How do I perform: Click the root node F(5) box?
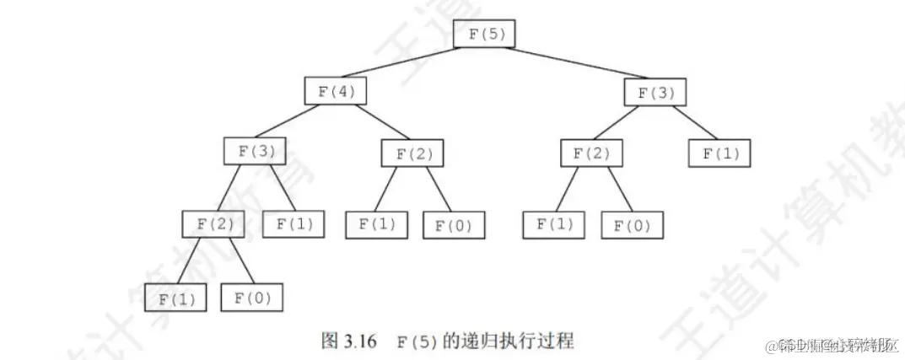[483, 33]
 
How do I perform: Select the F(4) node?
[336, 90]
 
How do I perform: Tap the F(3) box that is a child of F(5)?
[655, 92]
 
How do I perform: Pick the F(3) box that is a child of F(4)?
[255, 151]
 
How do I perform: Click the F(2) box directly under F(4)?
[412, 153]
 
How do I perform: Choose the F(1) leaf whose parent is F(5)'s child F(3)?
[719, 153]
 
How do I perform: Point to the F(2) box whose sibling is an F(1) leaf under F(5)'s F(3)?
[591, 153]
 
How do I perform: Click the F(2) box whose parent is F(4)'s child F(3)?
[213, 223]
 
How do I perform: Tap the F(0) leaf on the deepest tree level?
[251, 298]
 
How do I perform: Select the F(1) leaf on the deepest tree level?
[175, 298]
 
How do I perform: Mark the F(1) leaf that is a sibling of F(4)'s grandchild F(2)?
[293, 223]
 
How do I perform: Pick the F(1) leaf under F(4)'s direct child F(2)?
[376, 223]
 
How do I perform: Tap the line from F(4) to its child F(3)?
[295, 121]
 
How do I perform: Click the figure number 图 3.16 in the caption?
[349, 341]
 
